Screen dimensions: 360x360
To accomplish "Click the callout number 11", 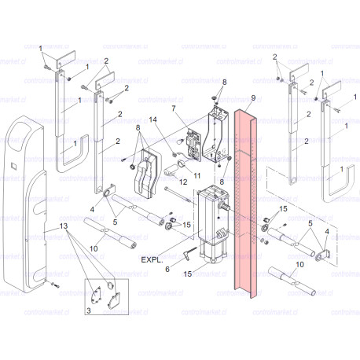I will coord(197,174).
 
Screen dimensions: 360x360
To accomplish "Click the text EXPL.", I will coord(150,257).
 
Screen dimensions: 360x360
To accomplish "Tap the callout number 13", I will coord(53,226).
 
